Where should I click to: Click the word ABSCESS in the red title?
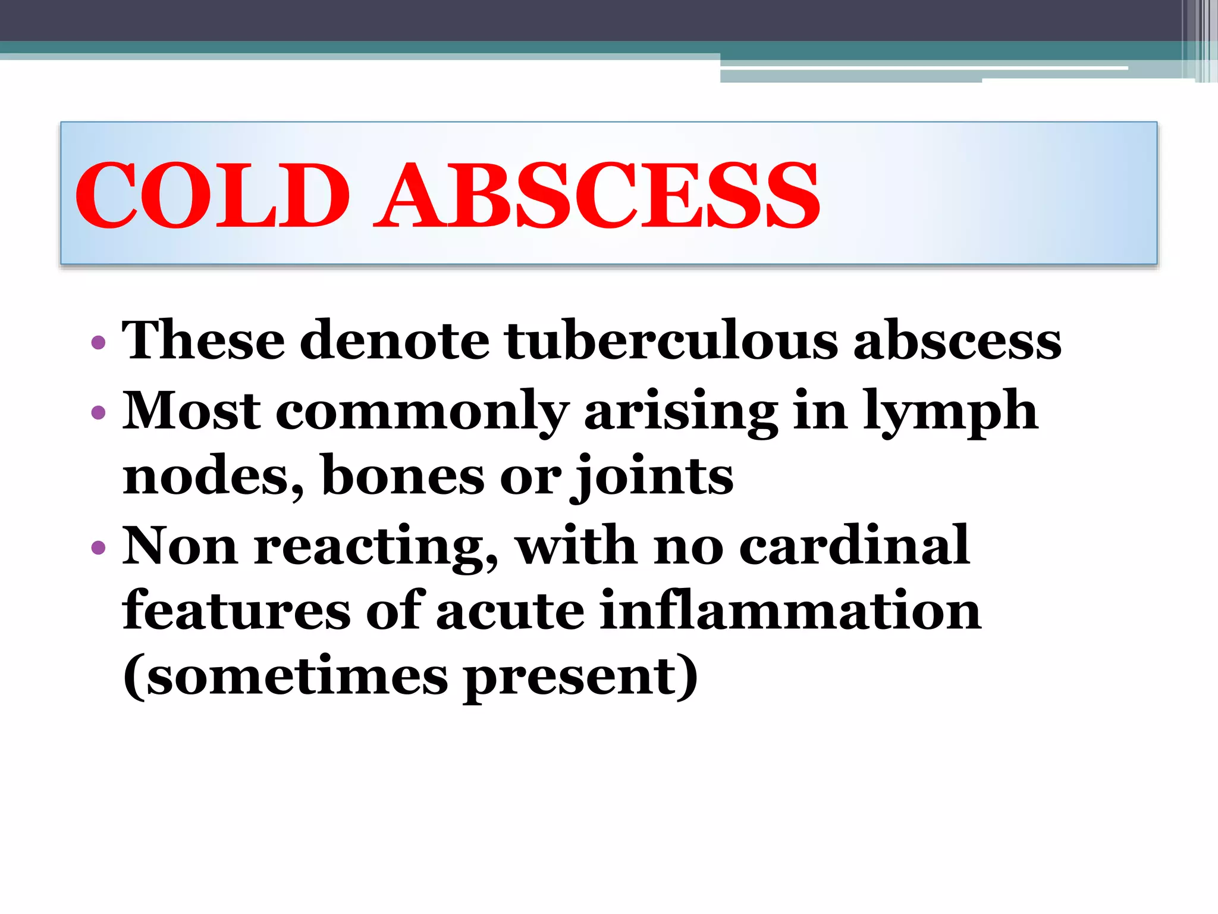597,195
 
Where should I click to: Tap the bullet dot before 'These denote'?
99,343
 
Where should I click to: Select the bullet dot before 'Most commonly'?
99,412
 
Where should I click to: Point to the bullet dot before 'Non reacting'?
99,547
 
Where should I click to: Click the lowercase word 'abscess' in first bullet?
958,340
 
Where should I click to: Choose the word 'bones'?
403,477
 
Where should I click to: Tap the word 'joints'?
652,477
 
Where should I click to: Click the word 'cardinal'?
855,546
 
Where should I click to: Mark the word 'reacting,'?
376,547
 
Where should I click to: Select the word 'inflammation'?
790,611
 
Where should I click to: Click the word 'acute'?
510,611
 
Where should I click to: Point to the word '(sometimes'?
285,677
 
